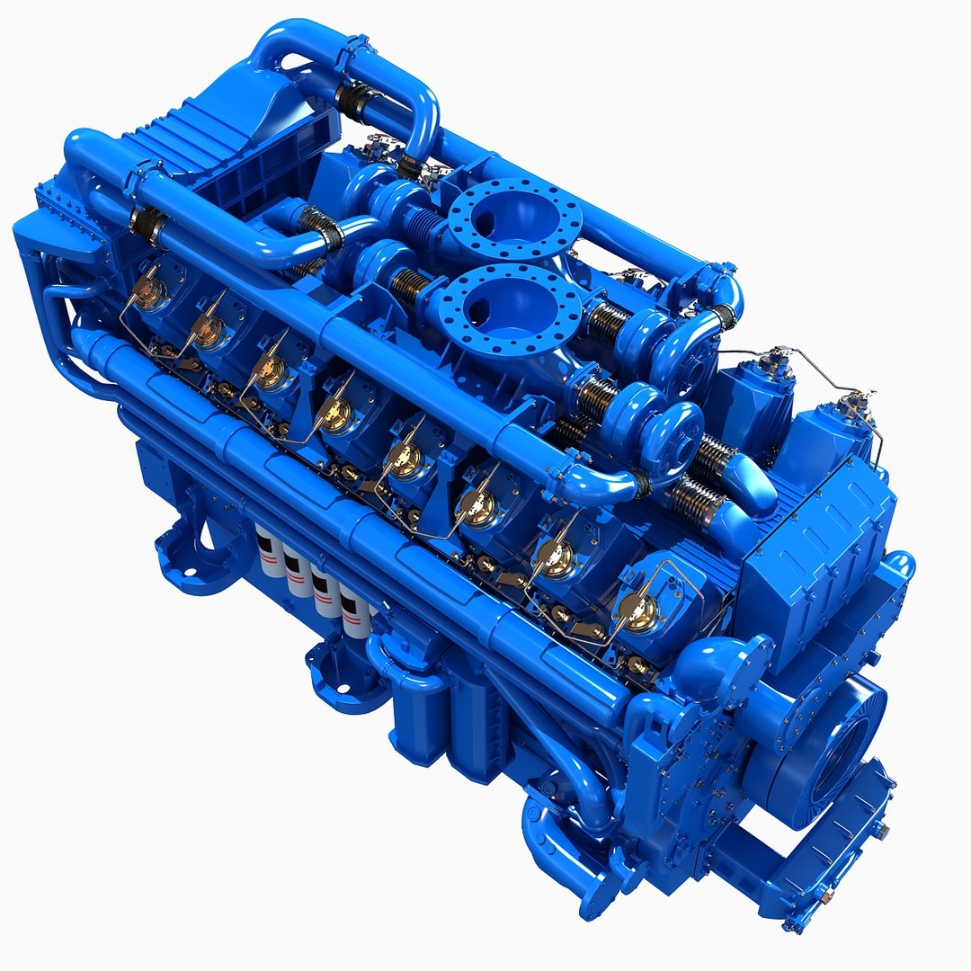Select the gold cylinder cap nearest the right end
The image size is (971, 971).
click(639, 610)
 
